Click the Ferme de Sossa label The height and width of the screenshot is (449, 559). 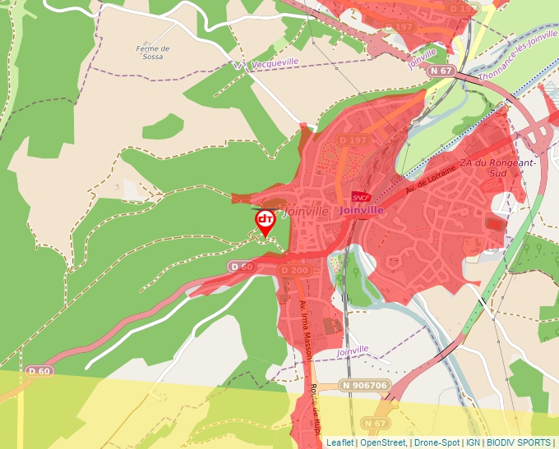(153, 53)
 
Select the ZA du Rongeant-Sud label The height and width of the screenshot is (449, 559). (499, 167)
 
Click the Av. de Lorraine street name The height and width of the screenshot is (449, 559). (430, 175)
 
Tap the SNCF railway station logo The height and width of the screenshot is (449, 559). (361, 197)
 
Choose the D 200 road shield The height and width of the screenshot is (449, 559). (294, 270)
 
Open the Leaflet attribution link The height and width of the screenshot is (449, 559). (340, 442)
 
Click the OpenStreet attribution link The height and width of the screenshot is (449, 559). (382, 442)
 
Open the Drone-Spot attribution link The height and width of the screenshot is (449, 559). (437, 442)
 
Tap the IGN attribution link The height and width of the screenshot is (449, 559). (473, 442)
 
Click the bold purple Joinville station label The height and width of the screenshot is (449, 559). (361, 210)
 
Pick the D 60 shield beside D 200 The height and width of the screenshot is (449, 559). (242, 267)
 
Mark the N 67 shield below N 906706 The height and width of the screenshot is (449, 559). (375, 423)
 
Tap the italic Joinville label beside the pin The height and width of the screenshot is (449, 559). (305, 212)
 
